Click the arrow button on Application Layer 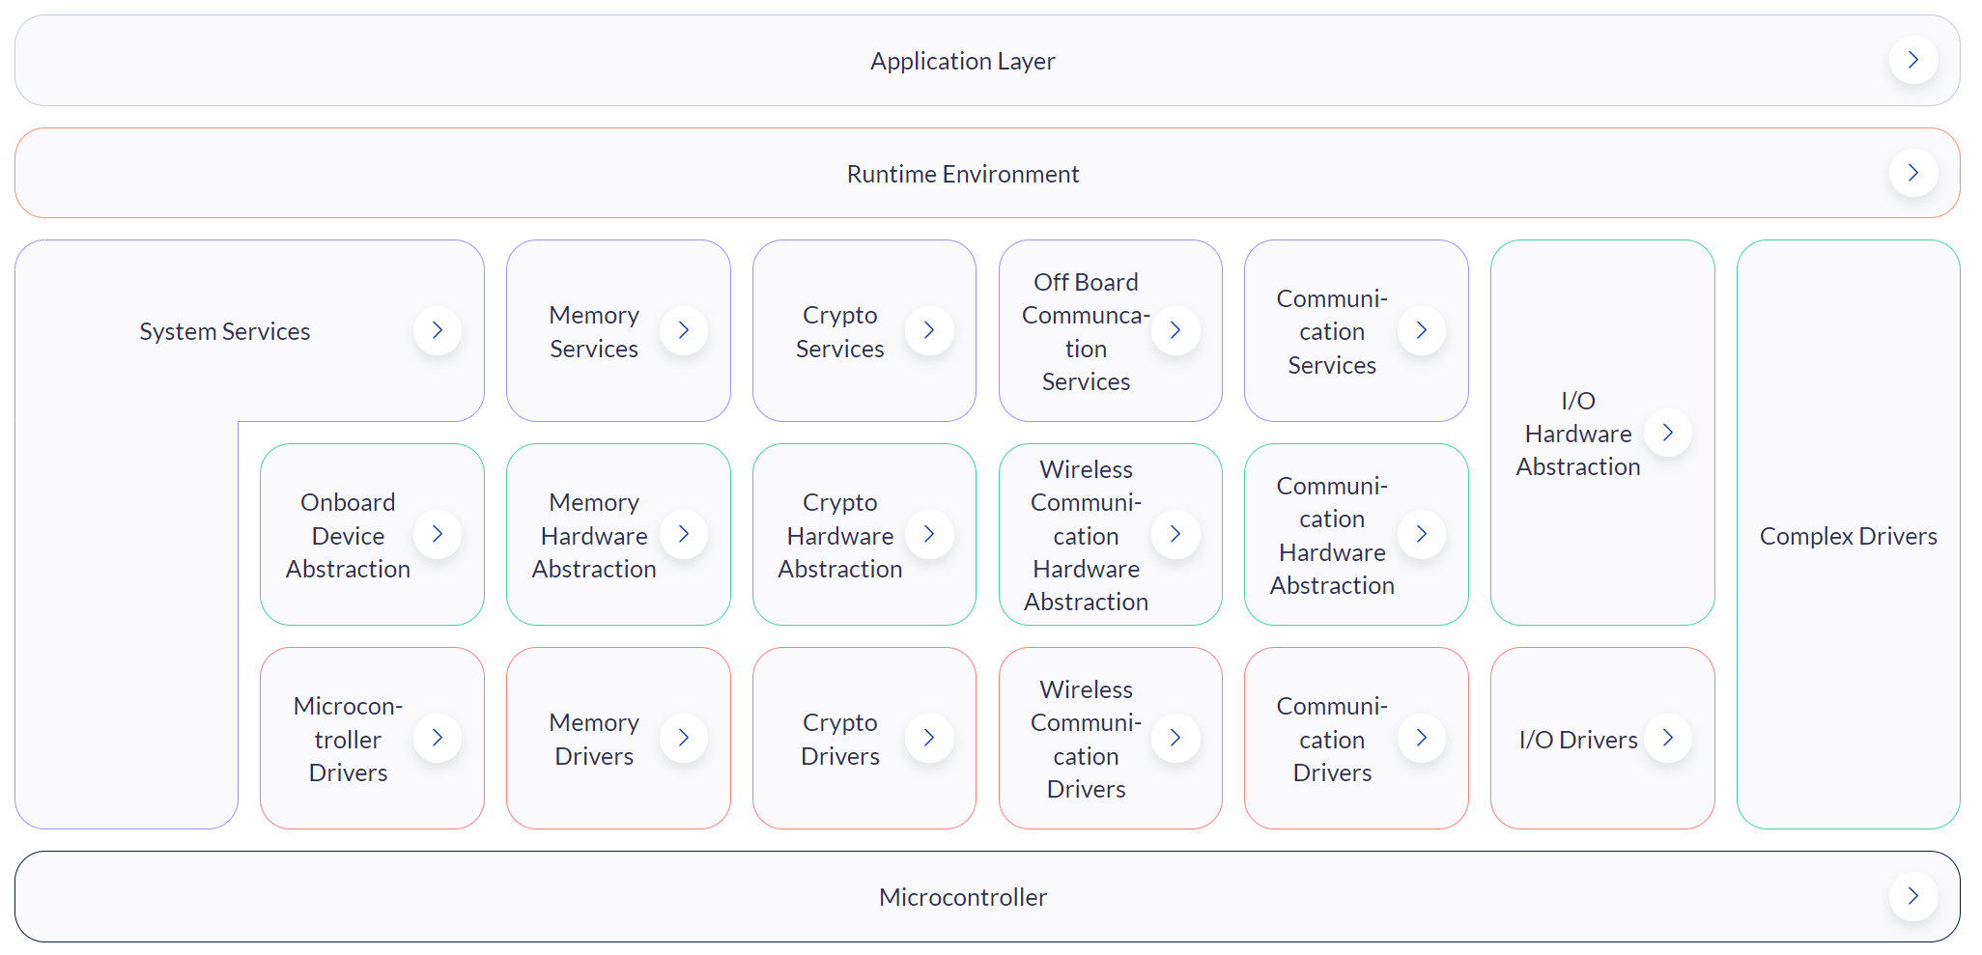click(x=1912, y=60)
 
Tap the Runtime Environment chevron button click(x=1912, y=173)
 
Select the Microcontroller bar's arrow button click(x=1912, y=896)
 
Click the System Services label click(x=225, y=331)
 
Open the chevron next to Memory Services click(x=684, y=330)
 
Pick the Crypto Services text click(x=840, y=331)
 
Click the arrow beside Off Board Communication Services click(x=1175, y=330)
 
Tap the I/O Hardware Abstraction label click(x=1578, y=434)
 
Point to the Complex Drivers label click(x=1849, y=536)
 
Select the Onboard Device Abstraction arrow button click(x=438, y=534)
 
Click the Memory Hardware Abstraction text click(x=594, y=535)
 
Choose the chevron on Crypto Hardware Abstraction click(x=929, y=534)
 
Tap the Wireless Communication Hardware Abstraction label click(x=1087, y=535)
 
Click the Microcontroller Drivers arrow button click(x=438, y=738)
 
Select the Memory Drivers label click(x=594, y=739)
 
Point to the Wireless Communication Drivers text click(x=1087, y=739)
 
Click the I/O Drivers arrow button click(x=1668, y=738)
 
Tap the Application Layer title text click(x=963, y=61)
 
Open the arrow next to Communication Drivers click(x=1422, y=738)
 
